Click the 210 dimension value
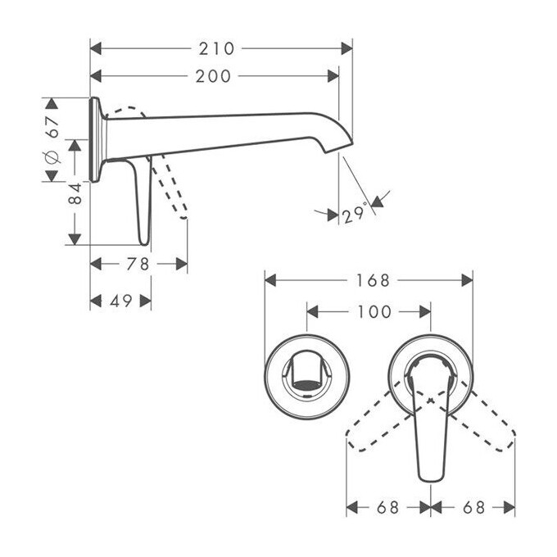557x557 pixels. (217, 48)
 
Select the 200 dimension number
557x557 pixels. (213, 76)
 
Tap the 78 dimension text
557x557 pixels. (138, 264)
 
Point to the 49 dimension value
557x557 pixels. (120, 301)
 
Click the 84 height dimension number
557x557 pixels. (75, 193)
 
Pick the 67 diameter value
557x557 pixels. (53, 127)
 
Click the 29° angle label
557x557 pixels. (355, 212)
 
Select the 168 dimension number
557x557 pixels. (373, 280)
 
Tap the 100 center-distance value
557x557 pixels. (374, 312)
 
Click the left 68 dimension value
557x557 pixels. (388, 508)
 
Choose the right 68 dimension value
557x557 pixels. (474, 508)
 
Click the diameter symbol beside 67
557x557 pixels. (52, 156)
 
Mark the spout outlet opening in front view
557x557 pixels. (307, 385)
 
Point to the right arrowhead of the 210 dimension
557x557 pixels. (346, 48)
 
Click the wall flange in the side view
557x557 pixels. (95, 139)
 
